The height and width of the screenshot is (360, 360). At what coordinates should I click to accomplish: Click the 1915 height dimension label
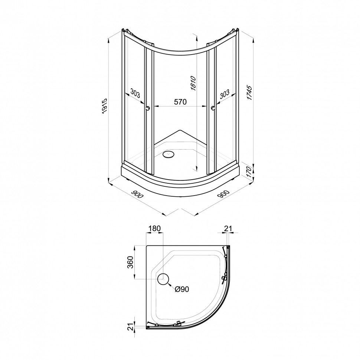coord(105,106)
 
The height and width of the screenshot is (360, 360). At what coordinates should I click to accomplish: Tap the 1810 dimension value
coord(193,83)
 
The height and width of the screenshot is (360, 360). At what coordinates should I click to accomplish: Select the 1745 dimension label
coord(249,92)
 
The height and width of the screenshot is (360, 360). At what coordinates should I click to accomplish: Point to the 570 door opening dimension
coord(180,101)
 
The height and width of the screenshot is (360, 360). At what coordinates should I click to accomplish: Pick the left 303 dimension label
coord(135,93)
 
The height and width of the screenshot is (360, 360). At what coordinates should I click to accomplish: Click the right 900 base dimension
coord(223,194)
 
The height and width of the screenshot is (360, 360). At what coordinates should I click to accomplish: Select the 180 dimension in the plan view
coord(154,229)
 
